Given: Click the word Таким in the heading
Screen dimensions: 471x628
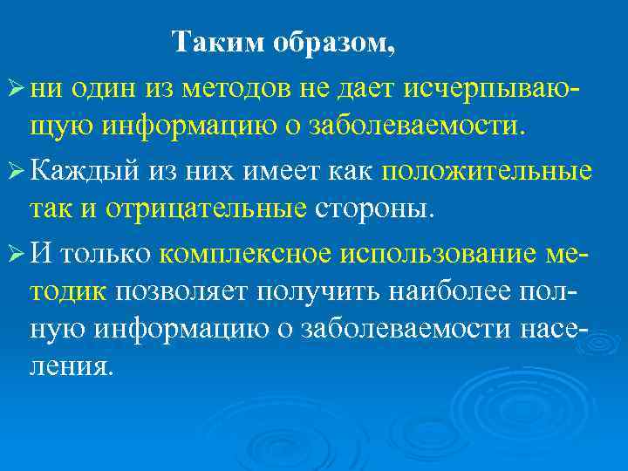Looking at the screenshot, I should [x=211, y=42].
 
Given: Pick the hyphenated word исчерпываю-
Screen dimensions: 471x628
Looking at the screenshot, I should [x=494, y=86].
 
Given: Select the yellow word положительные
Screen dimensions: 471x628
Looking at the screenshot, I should [x=499, y=171].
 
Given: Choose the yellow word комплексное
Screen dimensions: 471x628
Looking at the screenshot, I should [x=245, y=255].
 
